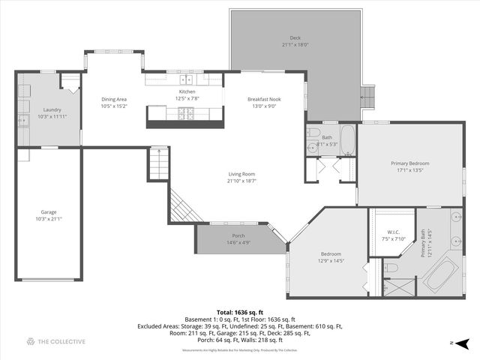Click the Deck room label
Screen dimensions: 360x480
[295, 38]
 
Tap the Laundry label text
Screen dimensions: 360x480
[52, 109]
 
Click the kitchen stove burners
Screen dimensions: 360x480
[185, 114]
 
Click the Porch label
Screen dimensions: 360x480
[238, 235]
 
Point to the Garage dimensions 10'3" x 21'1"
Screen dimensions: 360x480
[49, 219]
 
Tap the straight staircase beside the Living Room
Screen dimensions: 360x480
[157, 164]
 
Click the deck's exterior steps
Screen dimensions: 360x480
[367, 95]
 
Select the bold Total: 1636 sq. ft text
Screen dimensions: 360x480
[239, 312]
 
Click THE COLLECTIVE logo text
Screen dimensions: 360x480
[61, 342]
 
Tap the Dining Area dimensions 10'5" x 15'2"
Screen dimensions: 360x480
[115, 106]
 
